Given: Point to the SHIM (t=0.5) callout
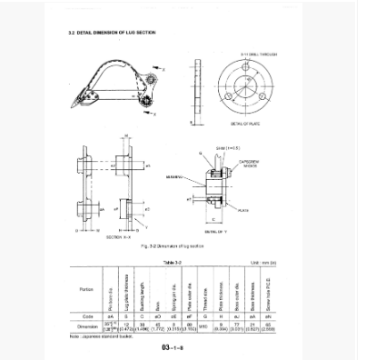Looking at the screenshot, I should pyautogui.click(x=226, y=146).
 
